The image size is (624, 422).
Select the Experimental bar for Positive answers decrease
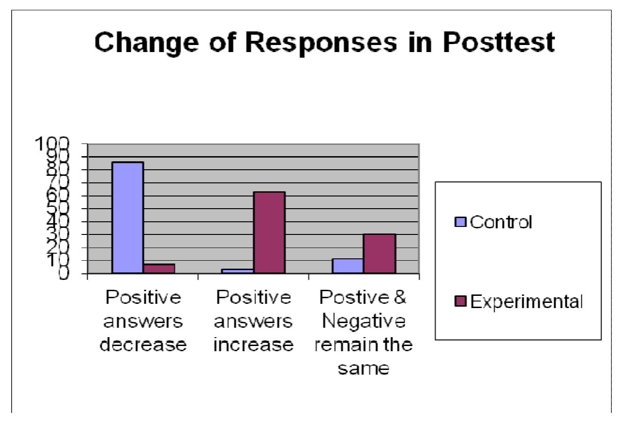pos(159,268)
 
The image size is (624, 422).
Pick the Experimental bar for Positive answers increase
pos(269,232)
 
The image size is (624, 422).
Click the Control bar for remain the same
pos(348,265)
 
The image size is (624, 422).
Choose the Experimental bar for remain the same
pos(379,253)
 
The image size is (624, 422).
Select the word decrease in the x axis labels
pos(143,345)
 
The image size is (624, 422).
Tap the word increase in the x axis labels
pos(253,345)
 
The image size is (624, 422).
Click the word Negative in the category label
pos(364,322)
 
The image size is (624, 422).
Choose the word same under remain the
pos(364,369)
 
